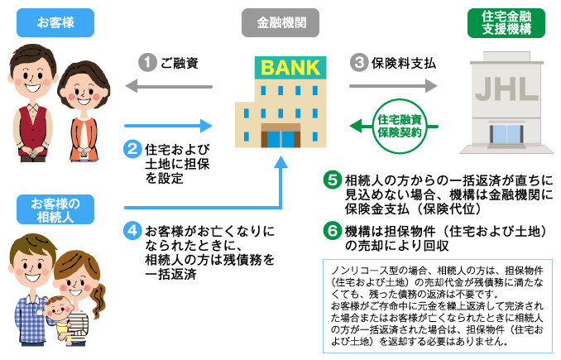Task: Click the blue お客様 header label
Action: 55,22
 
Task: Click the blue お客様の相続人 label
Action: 55,209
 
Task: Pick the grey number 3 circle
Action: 358,61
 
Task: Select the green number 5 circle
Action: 332,180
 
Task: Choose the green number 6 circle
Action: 332,230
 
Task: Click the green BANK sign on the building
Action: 282,65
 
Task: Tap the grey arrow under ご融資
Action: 169,85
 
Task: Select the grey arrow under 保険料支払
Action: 392,85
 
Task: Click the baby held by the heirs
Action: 60,314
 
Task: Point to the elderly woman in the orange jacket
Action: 87,108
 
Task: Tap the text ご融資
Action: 180,62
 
